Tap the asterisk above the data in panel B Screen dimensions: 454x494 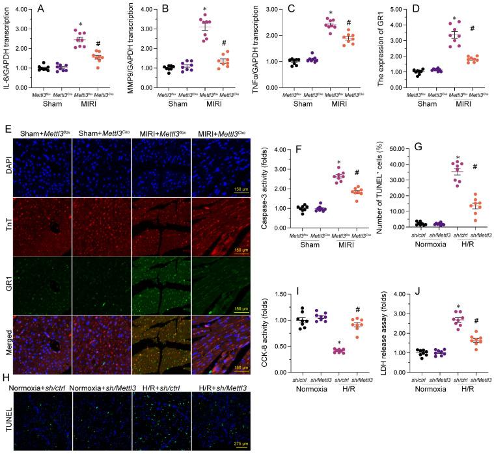pos(204,10)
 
